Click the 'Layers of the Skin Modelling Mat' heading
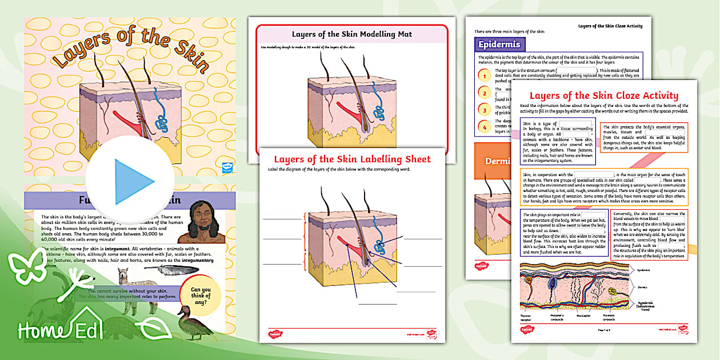(351, 34)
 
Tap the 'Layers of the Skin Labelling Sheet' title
(352, 159)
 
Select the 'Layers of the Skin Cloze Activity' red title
(603, 95)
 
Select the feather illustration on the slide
(163, 269)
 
